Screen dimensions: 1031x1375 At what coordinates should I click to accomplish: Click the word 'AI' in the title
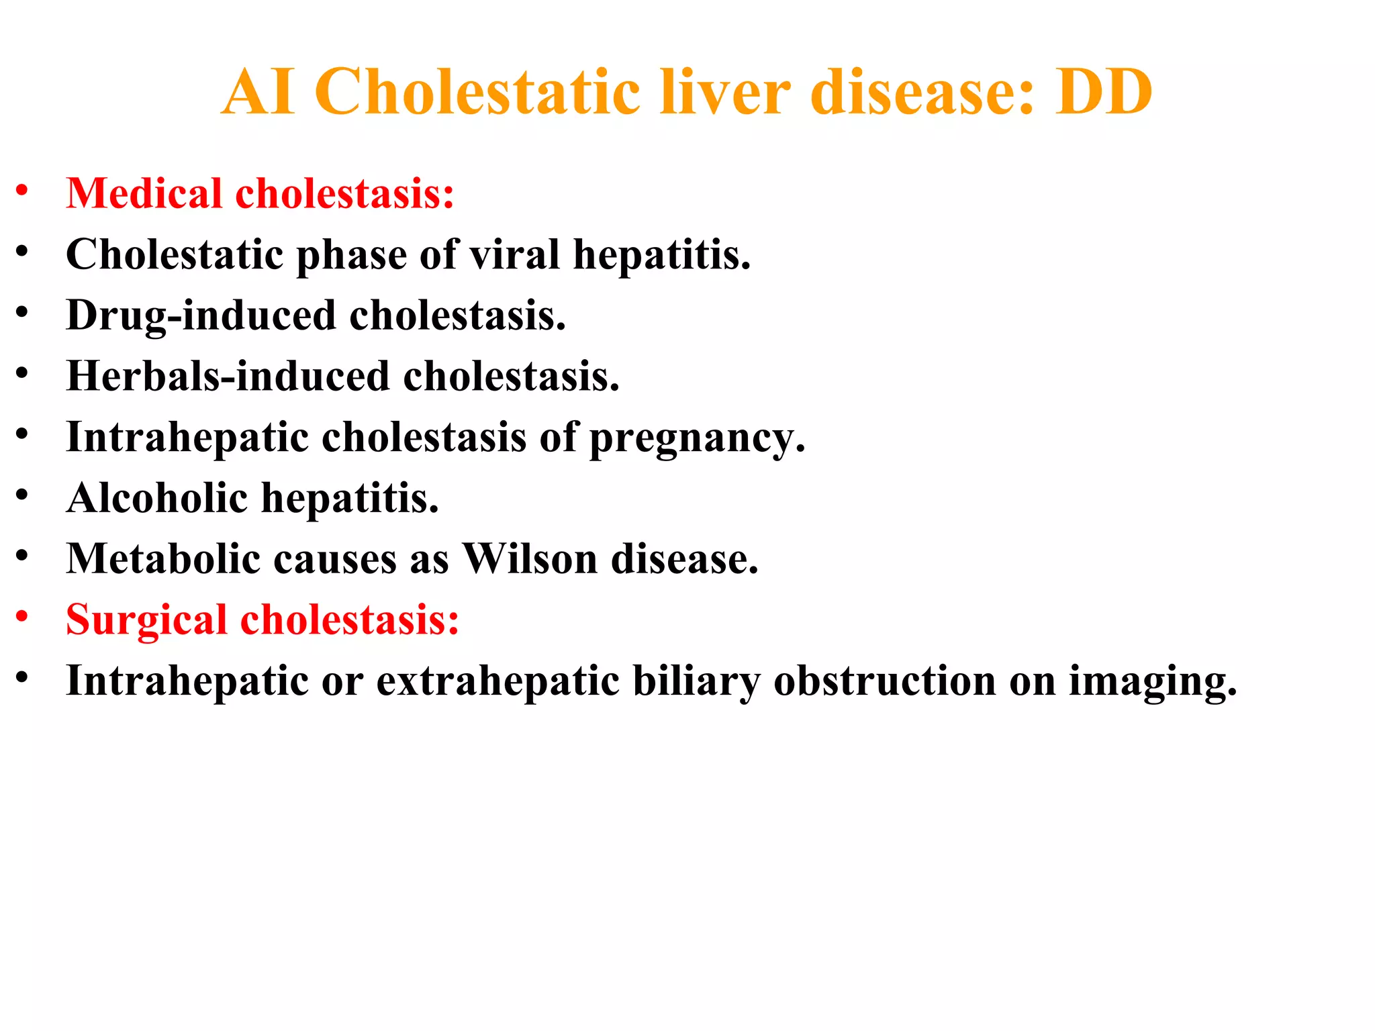[x=258, y=92]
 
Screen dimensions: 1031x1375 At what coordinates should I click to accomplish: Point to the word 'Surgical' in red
[x=146, y=619]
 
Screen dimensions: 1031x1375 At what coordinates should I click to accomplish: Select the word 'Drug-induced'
[x=201, y=315]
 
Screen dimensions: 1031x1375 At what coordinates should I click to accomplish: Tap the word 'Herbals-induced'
[x=228, y=376]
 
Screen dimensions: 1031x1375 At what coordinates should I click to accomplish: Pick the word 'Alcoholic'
[x=157, y=498]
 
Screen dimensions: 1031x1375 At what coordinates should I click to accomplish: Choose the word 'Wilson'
[x=530, y=558]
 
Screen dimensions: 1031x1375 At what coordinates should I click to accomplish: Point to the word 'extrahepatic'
[x=497, y=681]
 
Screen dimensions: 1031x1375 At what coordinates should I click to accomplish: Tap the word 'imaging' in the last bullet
[x=1152, y=682]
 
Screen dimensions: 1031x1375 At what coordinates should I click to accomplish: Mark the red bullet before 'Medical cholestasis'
[x=22, y=191]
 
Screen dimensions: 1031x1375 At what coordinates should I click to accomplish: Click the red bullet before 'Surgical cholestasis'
[x=22, y=616]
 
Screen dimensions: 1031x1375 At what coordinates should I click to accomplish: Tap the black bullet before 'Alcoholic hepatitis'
[x=22, y=495]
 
